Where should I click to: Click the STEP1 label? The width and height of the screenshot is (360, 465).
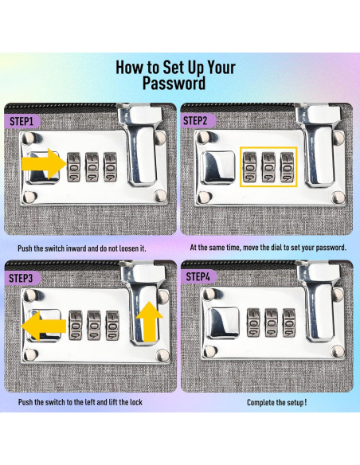pyautogui.click(x=22, y=121)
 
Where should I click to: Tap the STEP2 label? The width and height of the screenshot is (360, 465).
pyautogui.click(x=196, y=121)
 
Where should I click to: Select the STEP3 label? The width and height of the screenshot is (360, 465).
pyautogui.click(x=21, y=278)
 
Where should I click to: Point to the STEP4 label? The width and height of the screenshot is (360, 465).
pyautogui.click(x=198, y=276)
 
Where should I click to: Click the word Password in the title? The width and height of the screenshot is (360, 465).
pyautogui.click(x=174, y=83)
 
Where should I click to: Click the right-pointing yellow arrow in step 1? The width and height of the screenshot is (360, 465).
pyautogui.click(x=43, y=164)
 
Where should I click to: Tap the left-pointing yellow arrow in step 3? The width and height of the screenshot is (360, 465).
pyautogui.click(x=44, y=326)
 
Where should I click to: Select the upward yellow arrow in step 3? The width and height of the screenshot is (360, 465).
pyautogui.click(x=150, y=322)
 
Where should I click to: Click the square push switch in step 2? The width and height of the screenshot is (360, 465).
pyautogui.click(x=217, y=167)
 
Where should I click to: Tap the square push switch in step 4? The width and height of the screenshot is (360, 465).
pyautogui.click(x=223, y=323)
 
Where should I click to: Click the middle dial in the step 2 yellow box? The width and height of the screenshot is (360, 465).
pyautogui.click(x=268, y=167)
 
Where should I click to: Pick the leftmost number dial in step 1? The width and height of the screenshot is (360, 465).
pyautogui.click(x=73, y=167)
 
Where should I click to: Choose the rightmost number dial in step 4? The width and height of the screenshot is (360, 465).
pyautogui.click(x=289, y=322)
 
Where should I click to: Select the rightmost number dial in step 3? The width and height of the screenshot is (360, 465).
pyautogui.click(x=112, y=326)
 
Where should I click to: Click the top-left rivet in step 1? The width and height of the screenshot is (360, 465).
pyautogui.click(x=29, y=138)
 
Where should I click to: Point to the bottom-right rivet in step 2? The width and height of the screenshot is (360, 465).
pyautogui.click(x=338, y=197)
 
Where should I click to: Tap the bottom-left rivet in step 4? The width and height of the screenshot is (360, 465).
pyautogui.click(x=209, y=351)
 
